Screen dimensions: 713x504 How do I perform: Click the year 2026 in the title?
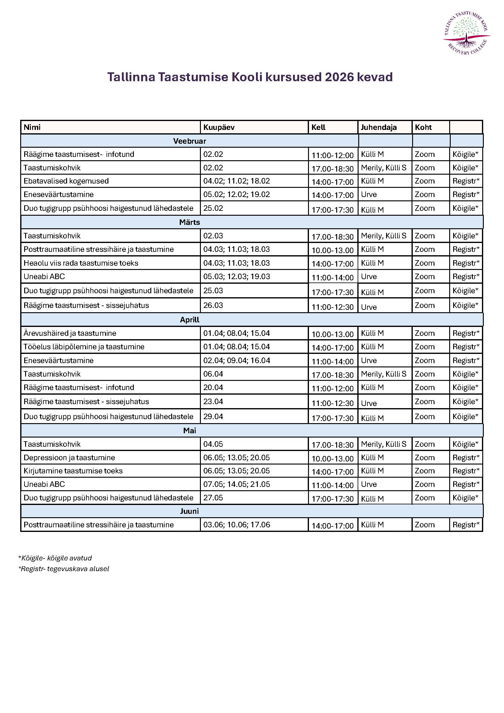click(x=339, y=77)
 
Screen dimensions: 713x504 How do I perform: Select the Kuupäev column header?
click(x=219, y=127)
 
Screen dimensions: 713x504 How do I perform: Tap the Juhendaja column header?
click(x=378, y=127)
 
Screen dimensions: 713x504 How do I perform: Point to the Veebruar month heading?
click(x=189, y=141)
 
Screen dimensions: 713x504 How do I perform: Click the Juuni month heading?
click(x=189, y=511)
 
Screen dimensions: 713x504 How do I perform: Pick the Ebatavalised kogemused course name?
click(x=66, y=181)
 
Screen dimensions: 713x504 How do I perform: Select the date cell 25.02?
click(x=213, y=208)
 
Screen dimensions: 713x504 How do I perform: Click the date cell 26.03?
click(x=213, y=305)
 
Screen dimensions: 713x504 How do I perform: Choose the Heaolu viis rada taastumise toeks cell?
click(x=81, y=263)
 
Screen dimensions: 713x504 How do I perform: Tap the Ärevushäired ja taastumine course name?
click(x=70, y=333)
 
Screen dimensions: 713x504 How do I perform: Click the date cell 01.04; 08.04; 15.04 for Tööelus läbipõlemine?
click(x=236, y=347)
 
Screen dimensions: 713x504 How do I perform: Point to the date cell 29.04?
click(x=213, y=416)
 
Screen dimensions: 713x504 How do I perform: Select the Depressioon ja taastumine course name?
click(x=69, y=457)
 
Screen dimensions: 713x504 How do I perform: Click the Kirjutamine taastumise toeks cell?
click(x=73, y=471)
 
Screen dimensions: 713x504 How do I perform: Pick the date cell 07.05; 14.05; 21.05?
click(x=236, y=484)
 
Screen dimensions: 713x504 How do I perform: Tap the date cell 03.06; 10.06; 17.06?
click(x=236, y=525)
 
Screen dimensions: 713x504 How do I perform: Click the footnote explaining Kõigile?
click(x=55, y=558)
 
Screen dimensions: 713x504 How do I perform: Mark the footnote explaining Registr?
click(x=64, y=569)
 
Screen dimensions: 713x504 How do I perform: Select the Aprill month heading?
click(x=189, y=320)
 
